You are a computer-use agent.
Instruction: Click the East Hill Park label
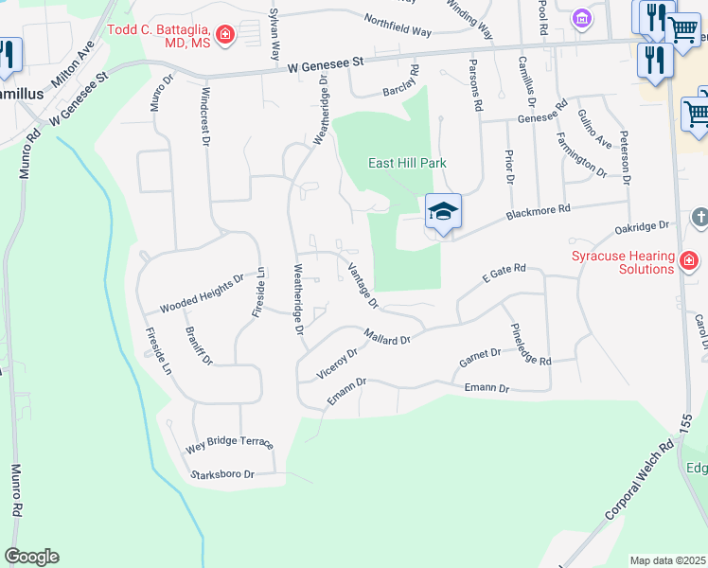pyautogui.click(x=407, y=163)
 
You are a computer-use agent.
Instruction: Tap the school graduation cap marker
pyautogui.click(x=442, y=212)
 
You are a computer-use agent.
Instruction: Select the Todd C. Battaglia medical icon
pyautogui.click(x=225, y=37)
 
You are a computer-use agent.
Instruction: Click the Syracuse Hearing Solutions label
pyautogui.click(x=622, y=262)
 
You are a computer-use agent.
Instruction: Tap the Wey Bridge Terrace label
pyautogui.click(x=229, y=443)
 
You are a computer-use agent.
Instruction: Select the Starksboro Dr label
pyautogui.click(x=223, y=474)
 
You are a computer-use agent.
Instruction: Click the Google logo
pyautogui.click(x=31, y=557)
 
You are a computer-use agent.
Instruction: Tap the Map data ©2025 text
pyautogui.click(x=667, y=560)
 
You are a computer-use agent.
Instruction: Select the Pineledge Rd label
pyautogui.click(x=529, y=344)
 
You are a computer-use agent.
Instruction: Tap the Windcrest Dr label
pyautogui.click(x=204, y=117)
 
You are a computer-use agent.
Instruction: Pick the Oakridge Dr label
pyautogui.click(x=642, y=227)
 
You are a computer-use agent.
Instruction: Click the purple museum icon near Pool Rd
pyautogui.click(x=581, y=18)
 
